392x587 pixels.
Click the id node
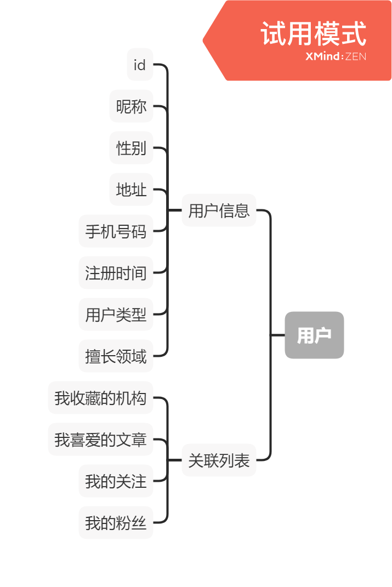tap(140, 65)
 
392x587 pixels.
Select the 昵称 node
tap(132, 106)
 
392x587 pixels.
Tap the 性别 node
tap(132, 148)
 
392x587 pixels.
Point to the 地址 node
tap(132, 190)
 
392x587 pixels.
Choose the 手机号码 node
tap(116, 231)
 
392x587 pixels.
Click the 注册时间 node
tap(116, 273)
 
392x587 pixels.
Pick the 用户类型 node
tap(116, 315)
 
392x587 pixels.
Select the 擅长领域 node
tap(116, 356)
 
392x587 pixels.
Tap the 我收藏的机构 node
tap(101, 398)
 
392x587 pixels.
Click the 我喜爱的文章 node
tap(101, 440)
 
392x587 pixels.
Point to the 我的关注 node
tap(116, 481)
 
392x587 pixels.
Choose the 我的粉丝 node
tap(116, 523)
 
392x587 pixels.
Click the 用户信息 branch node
tap(219, 210)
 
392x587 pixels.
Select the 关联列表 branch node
tap(219, 460)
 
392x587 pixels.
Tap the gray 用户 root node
tap(314, 335)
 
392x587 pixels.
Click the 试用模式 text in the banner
tap(313, 34)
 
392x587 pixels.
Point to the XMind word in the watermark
tap(323, 56)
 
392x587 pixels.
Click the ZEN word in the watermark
tap(356, 56)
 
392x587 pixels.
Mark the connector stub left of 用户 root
tap(278, 335)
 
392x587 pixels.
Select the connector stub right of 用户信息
tap(263, 210)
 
